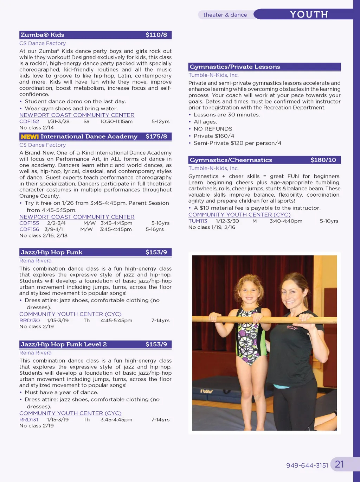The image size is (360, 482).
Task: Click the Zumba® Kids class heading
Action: click(43, 35)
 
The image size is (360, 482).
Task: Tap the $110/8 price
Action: click(156, 35)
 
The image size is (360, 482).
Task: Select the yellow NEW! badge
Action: click(30, 137)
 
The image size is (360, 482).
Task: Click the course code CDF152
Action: click(29, 121)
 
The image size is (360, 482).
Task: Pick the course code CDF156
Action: click(29, 229)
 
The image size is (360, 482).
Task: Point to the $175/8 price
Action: click(156, 137)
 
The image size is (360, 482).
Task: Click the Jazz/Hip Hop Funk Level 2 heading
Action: click(64, 344)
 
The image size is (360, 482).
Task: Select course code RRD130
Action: click(30, 321)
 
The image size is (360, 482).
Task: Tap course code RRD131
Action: click(29, 420)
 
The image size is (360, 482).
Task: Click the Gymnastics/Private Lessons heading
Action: click(235, 67)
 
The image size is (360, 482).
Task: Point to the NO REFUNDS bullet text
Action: click(213, 129)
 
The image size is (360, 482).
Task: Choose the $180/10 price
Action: click(323, 160)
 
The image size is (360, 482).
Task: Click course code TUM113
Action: click(198, 221)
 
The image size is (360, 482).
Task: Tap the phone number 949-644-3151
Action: click(307, 465)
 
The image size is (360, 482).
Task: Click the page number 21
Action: click(339, 464)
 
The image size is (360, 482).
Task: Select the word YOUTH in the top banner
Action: click(309, 14)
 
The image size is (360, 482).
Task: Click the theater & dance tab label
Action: click(225, 15)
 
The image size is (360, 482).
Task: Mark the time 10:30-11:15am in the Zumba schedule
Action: click(116, 121)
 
